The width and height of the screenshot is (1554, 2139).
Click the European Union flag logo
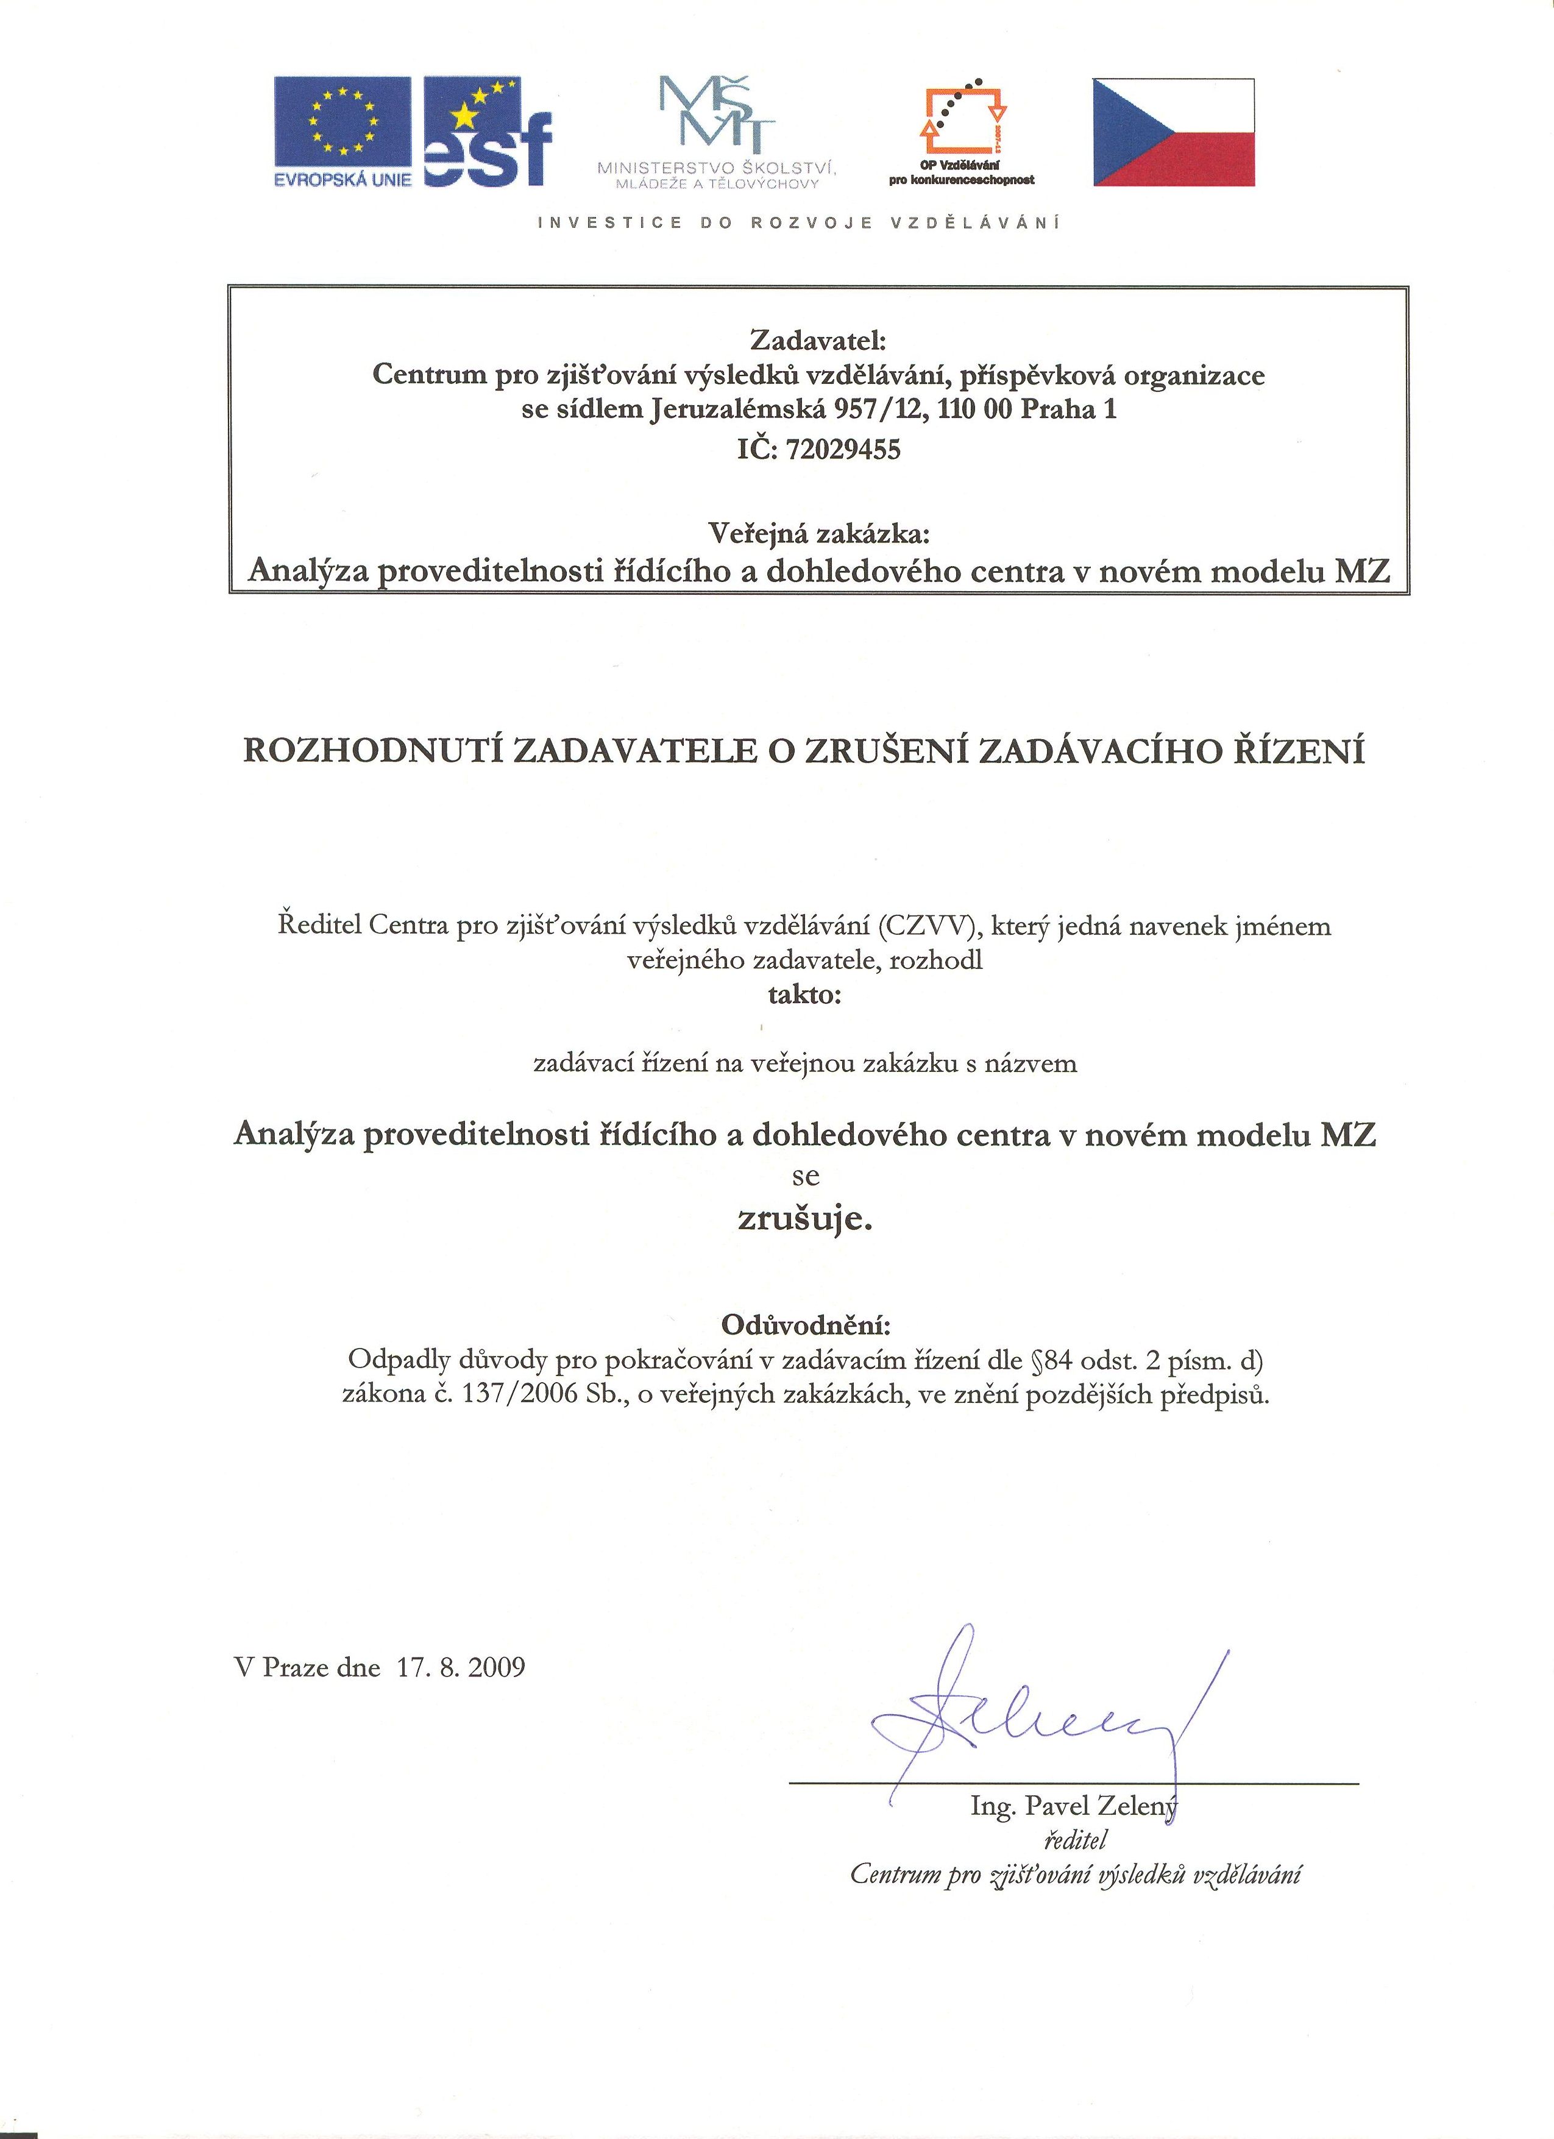pyautogui.click(x=343, y=132)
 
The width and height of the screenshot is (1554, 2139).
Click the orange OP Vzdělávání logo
pyautogui.click(x=962, y=122)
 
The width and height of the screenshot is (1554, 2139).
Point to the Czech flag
pyautogui.click(x=1174, y=132)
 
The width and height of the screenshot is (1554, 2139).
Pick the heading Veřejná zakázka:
pyautogui.click(x=818, y=534)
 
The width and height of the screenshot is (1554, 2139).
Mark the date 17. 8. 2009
pyautogui.click(x=460, y=1667)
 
